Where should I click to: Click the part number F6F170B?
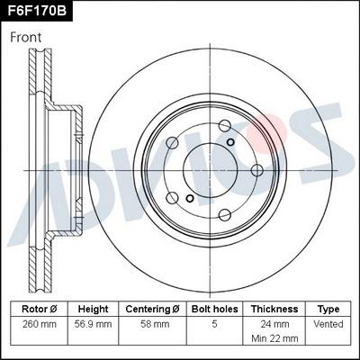coord(37,12)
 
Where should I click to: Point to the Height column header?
coord(93,309)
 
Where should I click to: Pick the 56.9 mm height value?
coord(93,323)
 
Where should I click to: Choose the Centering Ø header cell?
coord(152,309)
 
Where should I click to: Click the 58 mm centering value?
coord(152,323)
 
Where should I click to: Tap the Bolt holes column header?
coord(214,309)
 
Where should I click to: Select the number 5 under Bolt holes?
coord(214,323)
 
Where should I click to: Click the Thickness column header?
coord(274,309)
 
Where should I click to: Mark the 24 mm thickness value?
coord(274,323)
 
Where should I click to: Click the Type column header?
coord(328,309)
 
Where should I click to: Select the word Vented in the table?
coord(328,323)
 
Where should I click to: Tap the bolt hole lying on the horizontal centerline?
coord(172,168)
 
